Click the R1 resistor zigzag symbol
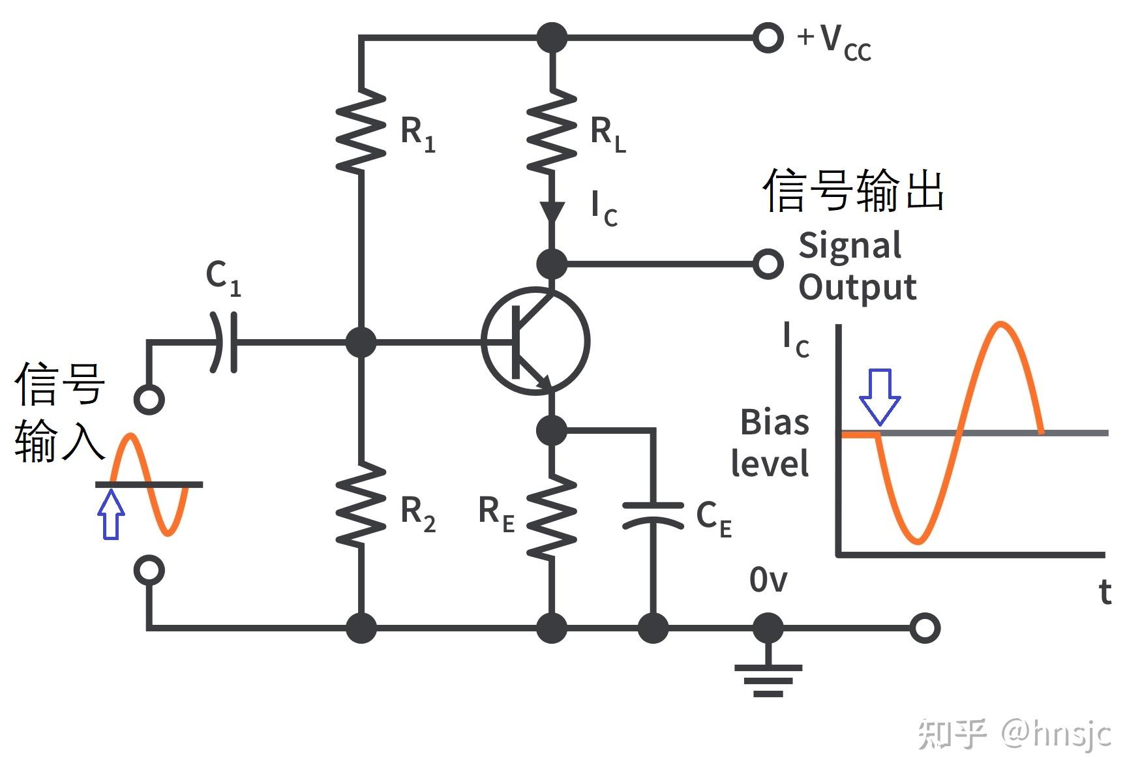pyautogui.click(x=361, y=130)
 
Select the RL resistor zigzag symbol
pyautogui.click(x=552, y=130)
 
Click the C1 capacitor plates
pyautogui.click(x=224, y=342)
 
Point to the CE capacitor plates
pyautogui.click(x=653, y=515)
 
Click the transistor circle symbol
pyautogui.click(x=535, y=341)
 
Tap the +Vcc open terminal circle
pyautogui.click(x=768, y=38)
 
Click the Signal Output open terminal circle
pyautogui.click(x=768, y=264)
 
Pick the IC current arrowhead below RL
pyautogui.click(x=552, y=212)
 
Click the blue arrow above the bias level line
pyautogui.click(x=880, y=397)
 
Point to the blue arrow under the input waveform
pyautogui.click(x=111, y=514)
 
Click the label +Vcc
pyautogui.click(x=833, y=42)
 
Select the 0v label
pyautogui.click(x=768, y=579)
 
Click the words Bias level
pyautogui.click(x=770, y=443)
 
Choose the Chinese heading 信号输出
pyautogui.click(x=854, y=190)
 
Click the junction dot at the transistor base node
pyautogui.click(x=361, y=342)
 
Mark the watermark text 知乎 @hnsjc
pyautogui.click(x=1015, y=734)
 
